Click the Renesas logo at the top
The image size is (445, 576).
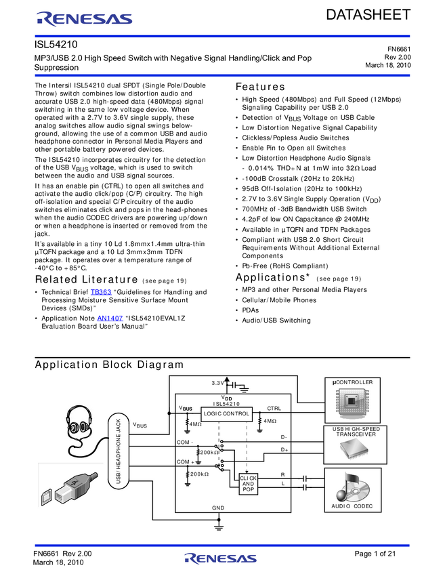tap(84, 20)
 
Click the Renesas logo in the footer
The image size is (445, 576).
tap(220, 559)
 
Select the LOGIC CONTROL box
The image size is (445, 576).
tap(227, 413)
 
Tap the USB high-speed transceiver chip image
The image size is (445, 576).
tap(352, 450)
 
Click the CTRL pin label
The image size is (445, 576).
tap(274, 409)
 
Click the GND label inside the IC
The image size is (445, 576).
tap(218, 508)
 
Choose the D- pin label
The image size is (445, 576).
tap(284, 437)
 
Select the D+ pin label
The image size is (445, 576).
tap(284, 449)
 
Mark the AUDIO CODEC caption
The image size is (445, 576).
tap(352, 507)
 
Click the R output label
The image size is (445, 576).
tap(282, 475)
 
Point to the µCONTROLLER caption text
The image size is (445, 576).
tap(352, 382)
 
